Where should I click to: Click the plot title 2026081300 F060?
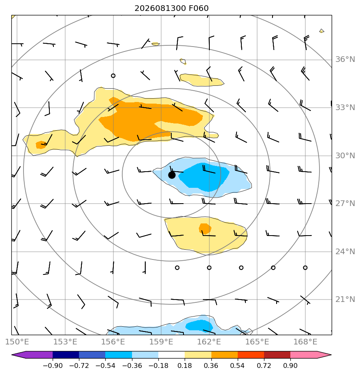171,8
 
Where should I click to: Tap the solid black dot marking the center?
172,175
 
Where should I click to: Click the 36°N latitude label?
345,59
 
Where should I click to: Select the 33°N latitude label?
345,108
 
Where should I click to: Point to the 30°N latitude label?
345,155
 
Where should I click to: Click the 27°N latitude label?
345,204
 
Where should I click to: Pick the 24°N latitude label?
345,251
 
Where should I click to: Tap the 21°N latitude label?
345,299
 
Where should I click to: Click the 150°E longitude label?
17,342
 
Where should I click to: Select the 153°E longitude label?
65,342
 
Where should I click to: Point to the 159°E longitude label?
161,342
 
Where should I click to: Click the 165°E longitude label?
257,342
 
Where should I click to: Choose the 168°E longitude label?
305,342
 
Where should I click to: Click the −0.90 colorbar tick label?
53,365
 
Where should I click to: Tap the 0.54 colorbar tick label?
237,365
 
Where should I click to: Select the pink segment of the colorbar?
311,355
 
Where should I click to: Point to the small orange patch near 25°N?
205,229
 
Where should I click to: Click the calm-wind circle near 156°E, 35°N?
113,76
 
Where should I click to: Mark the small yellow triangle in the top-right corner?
322,31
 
